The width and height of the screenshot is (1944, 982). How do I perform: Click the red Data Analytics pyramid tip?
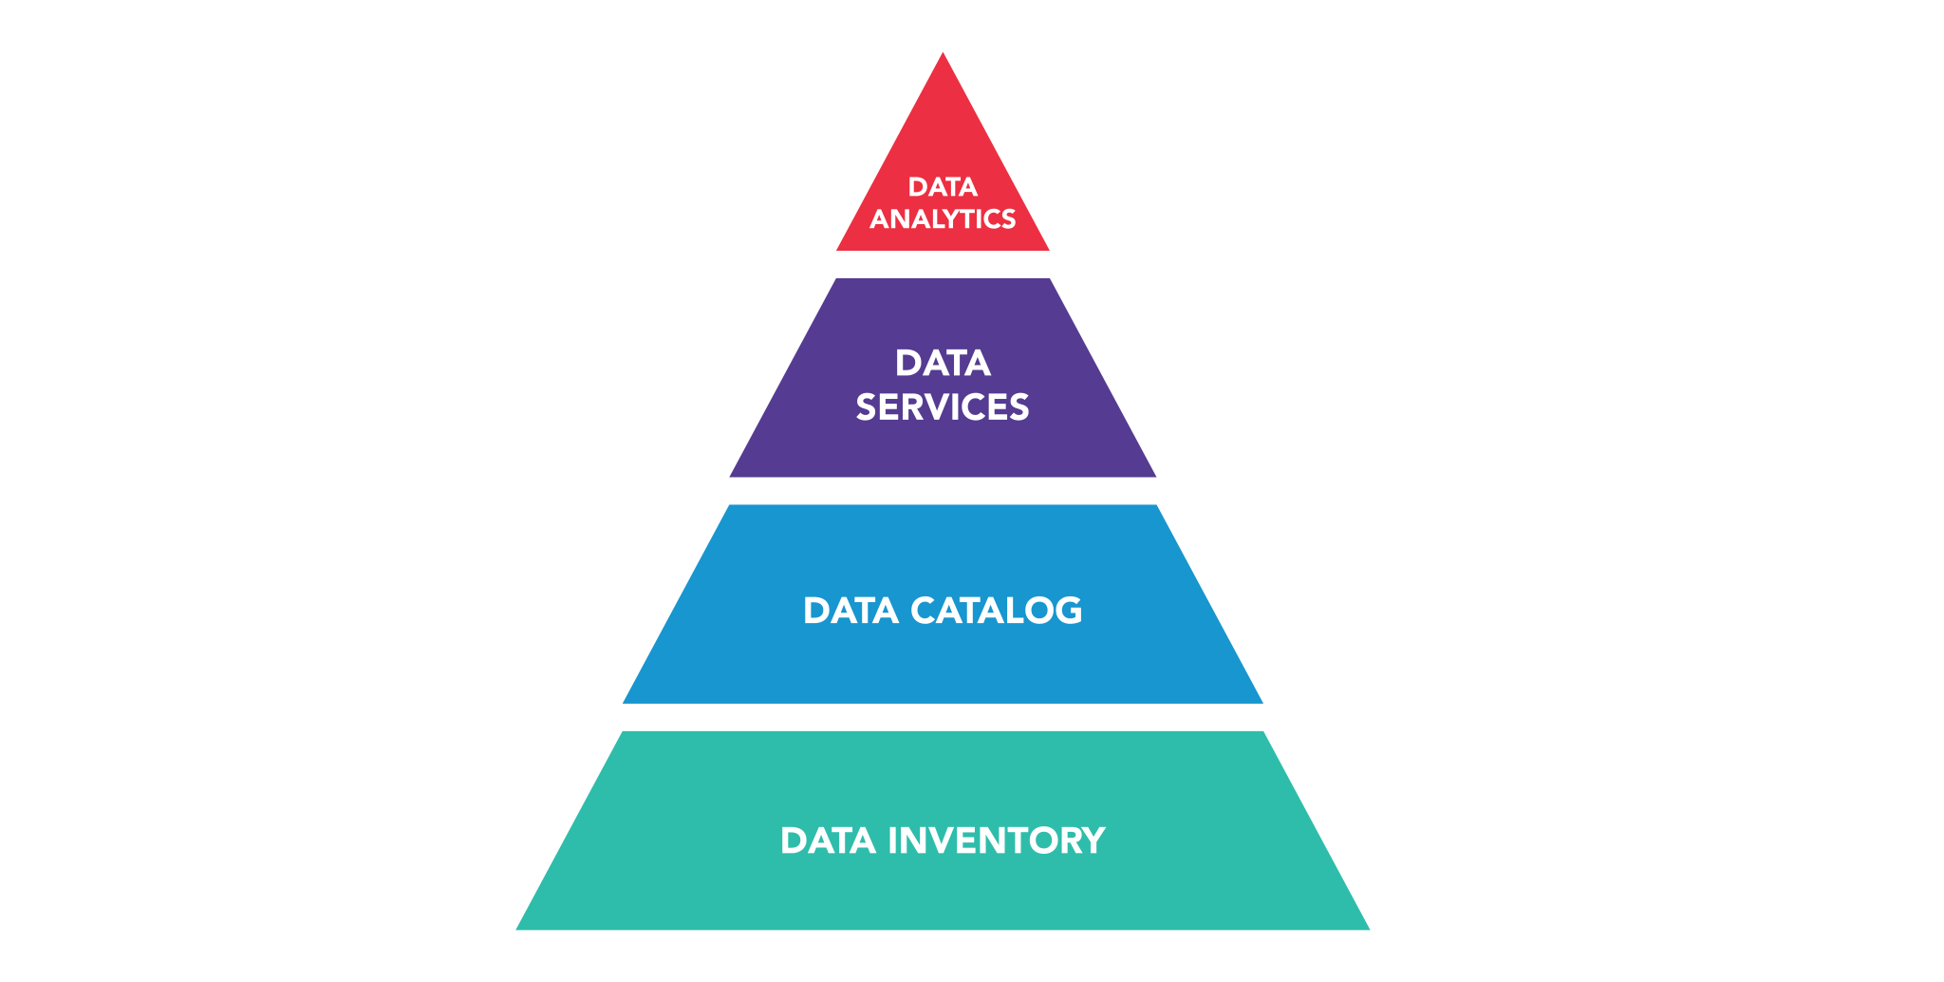(x=943, y=142)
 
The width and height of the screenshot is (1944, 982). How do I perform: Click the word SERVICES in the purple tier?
(x=943, y=407)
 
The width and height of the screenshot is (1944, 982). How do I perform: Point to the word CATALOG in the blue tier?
(x=996, y=611)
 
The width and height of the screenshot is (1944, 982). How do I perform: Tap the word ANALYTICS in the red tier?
(x=943, y=219)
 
